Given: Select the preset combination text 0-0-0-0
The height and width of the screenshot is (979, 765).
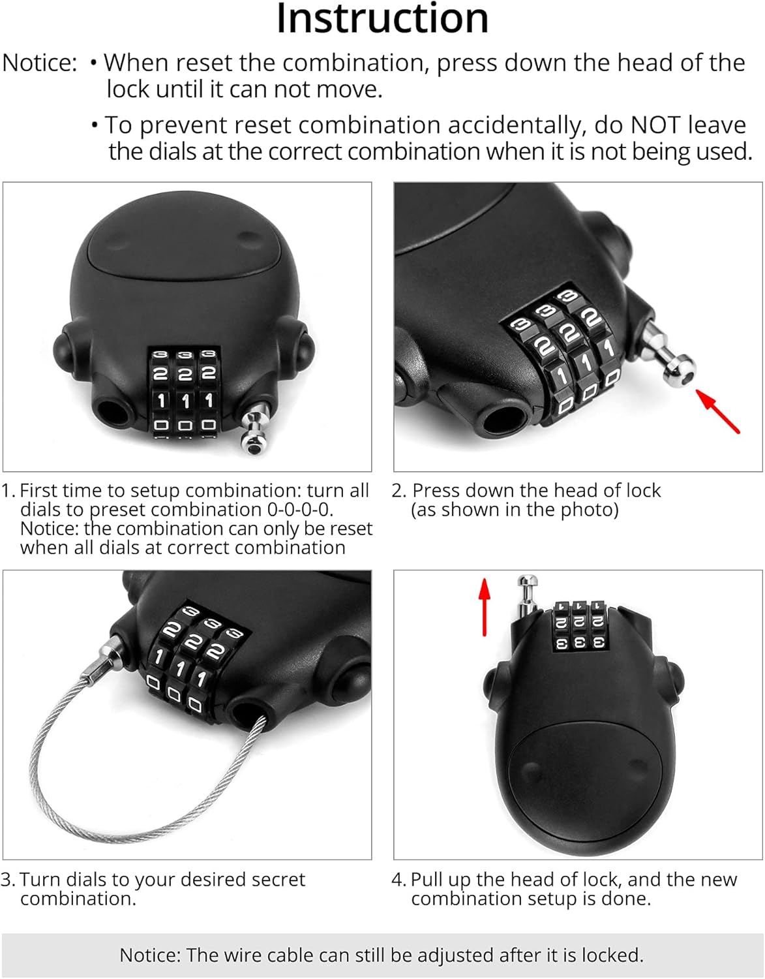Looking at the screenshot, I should (299, 510).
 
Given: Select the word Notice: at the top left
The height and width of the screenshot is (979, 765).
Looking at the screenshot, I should (40, 63).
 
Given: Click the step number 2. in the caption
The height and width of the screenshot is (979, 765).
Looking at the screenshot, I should (398, 491).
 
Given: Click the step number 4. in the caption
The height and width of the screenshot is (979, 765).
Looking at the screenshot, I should (398, 880).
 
